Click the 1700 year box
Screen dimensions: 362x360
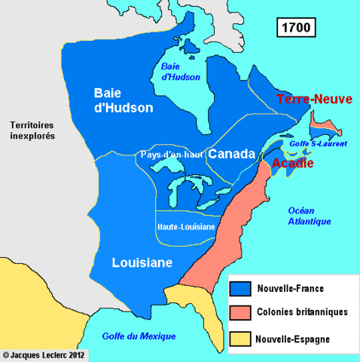[x=295, y=28]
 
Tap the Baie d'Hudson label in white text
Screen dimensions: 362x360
[x=124, y=100]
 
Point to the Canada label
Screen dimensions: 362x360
[x=232, y=154]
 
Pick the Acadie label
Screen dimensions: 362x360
[x=293, y=163]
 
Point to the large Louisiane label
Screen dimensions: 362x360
[x=142, y=262]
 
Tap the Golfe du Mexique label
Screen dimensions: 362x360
[x=140, y=336]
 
